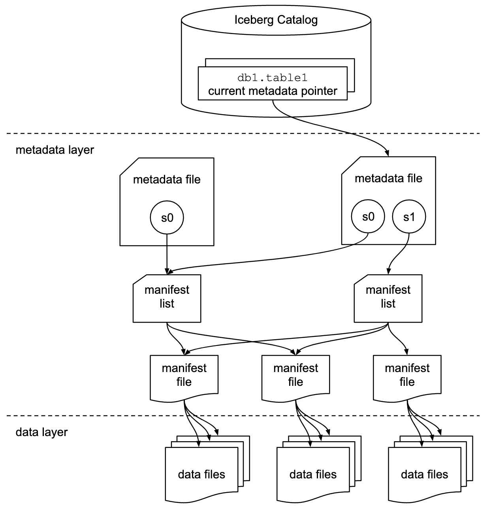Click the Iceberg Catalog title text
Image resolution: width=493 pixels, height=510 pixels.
pos(276,20)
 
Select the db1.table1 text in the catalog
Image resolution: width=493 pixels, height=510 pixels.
pos(273,77)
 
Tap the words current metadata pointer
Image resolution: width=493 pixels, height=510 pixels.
pos(273,91)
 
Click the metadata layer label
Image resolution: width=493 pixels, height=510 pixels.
pos(55,150)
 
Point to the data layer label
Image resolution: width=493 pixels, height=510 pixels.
pos(41,432)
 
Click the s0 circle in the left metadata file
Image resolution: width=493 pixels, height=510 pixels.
pos(167,217)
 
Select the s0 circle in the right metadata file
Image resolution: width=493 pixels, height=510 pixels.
pos(368,217)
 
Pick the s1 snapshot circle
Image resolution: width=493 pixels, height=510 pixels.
pos(409,217)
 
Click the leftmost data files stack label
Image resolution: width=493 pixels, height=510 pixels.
pos(201,474)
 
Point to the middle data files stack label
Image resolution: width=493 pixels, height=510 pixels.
pos(313,474)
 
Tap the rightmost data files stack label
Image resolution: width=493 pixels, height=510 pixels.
pos(424,474)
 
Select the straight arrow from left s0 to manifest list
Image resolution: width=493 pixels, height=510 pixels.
pos(167,253)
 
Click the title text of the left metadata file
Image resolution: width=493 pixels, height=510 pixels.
pos(167,179)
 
